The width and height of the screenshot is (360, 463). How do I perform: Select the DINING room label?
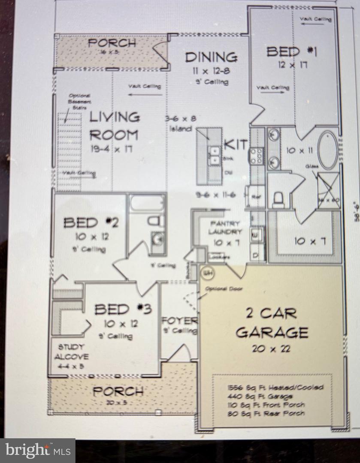click(x=211, y=57)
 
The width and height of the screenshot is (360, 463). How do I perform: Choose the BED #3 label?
click(x=123, y=309)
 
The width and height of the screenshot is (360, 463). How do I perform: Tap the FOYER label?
click(x=179, y=321)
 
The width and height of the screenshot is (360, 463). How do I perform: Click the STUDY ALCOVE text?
click(x=72, y=351)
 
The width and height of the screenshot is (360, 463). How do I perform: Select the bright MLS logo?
click(x=38, y=451)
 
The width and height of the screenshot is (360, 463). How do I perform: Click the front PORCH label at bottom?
click(x=118, y=391)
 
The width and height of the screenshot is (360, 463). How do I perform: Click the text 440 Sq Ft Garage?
click(x=260, y=397)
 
